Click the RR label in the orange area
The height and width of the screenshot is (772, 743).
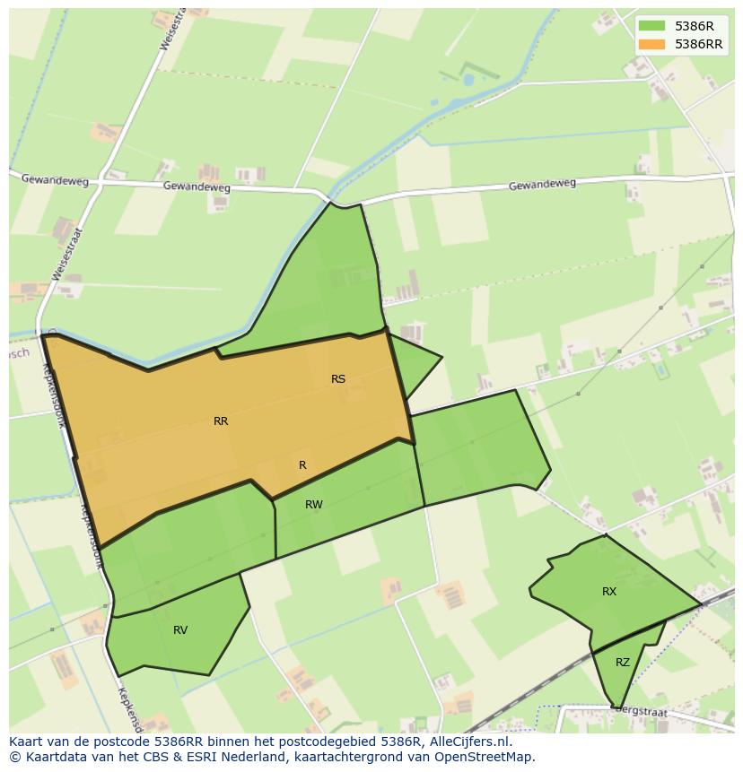click(x=221, y=421)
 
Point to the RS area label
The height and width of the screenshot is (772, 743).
click(x=338, y=379)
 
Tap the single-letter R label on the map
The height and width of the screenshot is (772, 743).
click(x=302, y=465)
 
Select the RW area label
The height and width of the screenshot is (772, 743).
click(x=313, y=505)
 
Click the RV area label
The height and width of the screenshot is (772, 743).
click(x=180, y=630)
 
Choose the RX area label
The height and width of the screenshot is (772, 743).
click(x=609, y=592)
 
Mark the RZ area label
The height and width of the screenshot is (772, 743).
click(x=623, y=663)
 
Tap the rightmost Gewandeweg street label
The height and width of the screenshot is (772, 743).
click(x=542, y=185)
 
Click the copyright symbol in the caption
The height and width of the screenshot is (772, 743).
click(x=14, y=757)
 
